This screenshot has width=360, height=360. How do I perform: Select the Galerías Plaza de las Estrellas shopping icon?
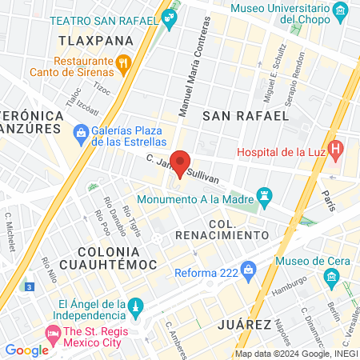pos(79,131)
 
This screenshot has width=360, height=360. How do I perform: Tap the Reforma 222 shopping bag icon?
pos(250,268)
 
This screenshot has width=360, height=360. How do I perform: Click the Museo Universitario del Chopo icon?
pos(341,10)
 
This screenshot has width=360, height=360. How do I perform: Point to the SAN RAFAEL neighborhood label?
pos(245,115)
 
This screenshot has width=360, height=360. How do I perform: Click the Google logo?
pos(26,350)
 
